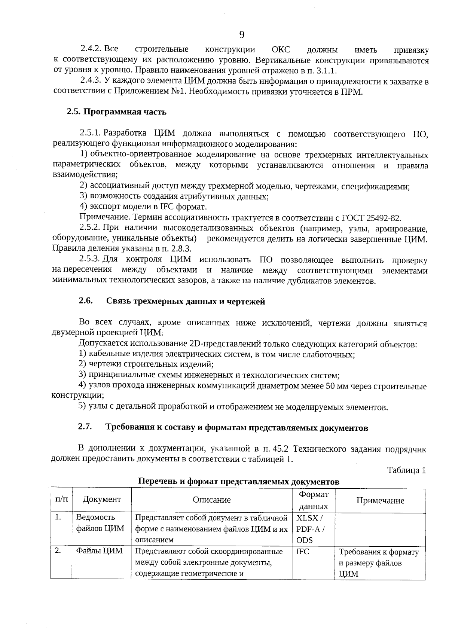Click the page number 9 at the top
coord(242,35)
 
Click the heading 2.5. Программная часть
coord(116,112)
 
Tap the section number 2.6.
coord(85,301)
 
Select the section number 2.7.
coord(85,427)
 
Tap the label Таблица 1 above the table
coord(406,470)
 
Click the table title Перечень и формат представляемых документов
coord(239,482)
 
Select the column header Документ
coord(102,500)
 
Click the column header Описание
coord(212,500)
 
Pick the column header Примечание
coord(380,501)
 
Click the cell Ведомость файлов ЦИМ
coord(100,523)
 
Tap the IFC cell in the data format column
coord(303,552)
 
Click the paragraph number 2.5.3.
coord(90,259)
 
